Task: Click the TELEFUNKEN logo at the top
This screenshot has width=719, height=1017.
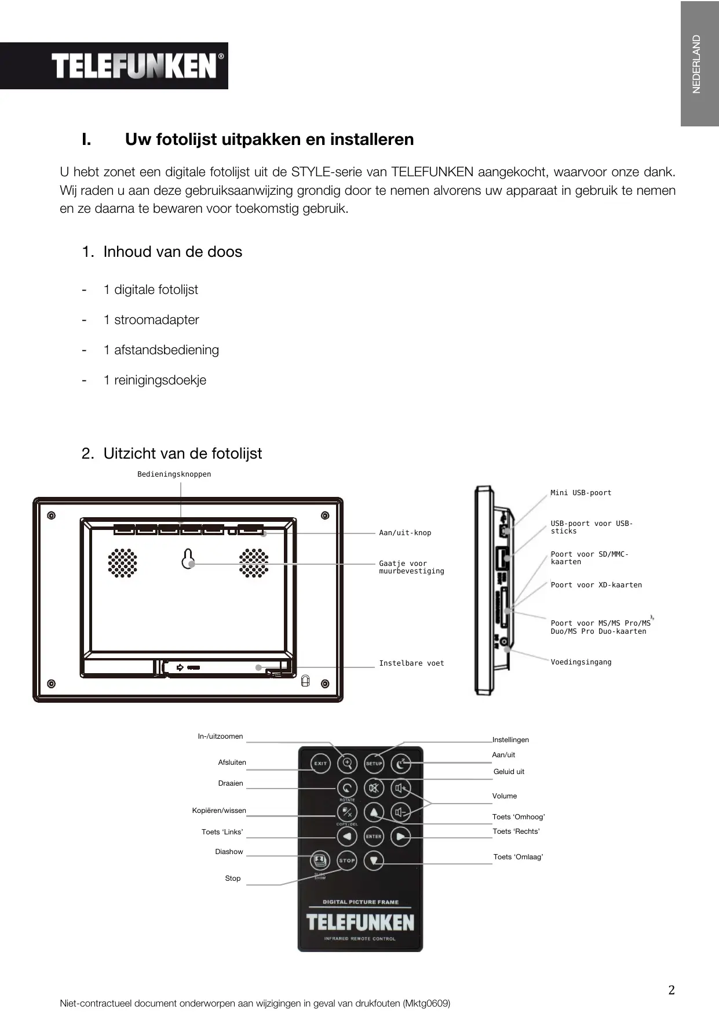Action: pyautogui.click(x=134, y=66)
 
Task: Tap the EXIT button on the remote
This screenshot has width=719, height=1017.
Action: pyautogui.click(x=320, y=763)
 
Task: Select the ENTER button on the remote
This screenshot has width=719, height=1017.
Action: pyautogui.click(x=374, y=836)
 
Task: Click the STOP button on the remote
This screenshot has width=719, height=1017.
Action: pyautogui.click(x=347, y=860)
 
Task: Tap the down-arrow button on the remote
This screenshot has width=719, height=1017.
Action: pyautogui.click(x=374, y=860)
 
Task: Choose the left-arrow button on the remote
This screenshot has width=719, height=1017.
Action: pyautogui.click(x=347, y=836)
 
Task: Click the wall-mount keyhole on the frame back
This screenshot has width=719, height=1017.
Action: pyautogui.click(x=188, y=558)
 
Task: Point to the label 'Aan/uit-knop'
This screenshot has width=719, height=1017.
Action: pyautogui.click(x=405, y=533)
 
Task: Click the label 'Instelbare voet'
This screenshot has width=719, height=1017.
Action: pyautogui.click(x=411, y=663)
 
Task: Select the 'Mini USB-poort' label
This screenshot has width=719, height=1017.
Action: pyautogui.click(x=581, y=493)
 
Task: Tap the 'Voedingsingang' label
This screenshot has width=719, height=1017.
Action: pyautogui.click(x=581, y=662)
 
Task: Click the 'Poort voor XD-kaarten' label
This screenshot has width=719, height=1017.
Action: pyautogui.click(x=596, y=585)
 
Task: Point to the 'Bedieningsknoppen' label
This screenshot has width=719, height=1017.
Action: pyautogui.click(x=174, y=474)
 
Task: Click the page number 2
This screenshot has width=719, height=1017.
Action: pyautogui.click(x=671, y=990)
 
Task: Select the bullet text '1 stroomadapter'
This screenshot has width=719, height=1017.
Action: pyautogui.click(x=151, y=320)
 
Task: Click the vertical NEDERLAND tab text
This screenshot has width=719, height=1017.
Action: pyautogui.click(x=696, y=64)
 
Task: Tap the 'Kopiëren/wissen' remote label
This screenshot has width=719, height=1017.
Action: pyautogui.click(x=219, y=811)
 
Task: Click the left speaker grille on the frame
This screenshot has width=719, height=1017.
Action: pyautogui.click(x=122, y=563)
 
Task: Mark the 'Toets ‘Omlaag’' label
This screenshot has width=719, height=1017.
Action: pyautogui.click(x=518, y=857)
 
